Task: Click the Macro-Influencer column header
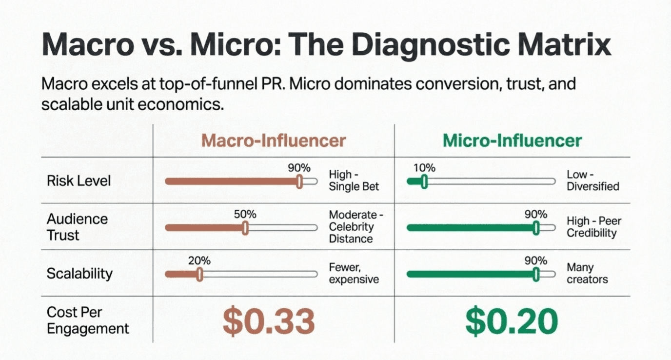coord(273,141)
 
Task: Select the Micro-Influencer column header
coord(512,141)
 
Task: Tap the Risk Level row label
coord(79,181)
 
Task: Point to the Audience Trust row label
coord(77,227)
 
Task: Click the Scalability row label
coord(79,274)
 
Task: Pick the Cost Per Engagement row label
coord(88,320)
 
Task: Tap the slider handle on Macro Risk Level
coord(299,181)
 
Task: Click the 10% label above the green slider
coord(424,168)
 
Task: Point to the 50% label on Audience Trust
coord(245,215)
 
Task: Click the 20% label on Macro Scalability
coord(199,261)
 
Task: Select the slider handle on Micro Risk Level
coord(424,181)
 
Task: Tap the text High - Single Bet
coord(354,180)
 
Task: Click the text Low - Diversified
coord(592,180)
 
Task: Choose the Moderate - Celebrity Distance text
coord(353,227)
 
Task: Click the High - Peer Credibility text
coord(593,227)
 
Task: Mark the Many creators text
coord(587,274)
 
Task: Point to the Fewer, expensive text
coord(354,274)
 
